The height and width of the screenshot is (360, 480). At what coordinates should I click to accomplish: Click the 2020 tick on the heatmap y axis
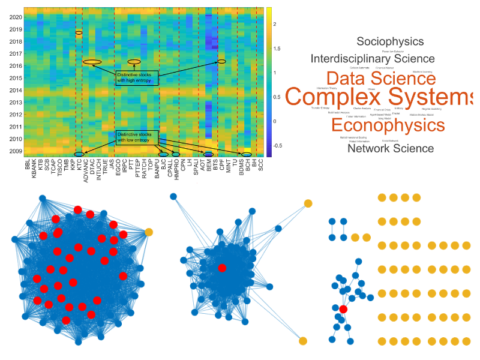coord(16,17)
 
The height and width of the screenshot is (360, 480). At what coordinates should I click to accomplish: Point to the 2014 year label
coord(16,91)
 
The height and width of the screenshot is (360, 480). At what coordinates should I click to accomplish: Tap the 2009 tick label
coord(16,152)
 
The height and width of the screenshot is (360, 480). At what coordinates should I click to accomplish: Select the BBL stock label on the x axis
coord(28,166)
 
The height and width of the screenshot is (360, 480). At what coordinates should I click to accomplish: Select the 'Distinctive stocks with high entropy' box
coord(137,77)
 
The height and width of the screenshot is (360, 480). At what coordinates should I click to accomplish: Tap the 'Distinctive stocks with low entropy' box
coord(137,137)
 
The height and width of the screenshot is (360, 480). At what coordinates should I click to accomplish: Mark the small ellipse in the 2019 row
coord(79,32)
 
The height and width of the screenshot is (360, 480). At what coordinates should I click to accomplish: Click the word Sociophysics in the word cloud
coord(390,41)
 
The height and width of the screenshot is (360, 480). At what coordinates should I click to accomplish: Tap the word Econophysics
coord(388,125)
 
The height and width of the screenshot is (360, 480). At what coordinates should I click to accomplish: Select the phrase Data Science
coord(381,78)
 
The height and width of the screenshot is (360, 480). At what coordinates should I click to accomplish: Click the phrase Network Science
coord(391,148)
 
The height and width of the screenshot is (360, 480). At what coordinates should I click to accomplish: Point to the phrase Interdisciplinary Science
coord(373,59)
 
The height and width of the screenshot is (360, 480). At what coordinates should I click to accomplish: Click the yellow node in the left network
coord(149,232)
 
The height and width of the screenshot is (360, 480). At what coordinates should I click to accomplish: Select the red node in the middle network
coord(222,268)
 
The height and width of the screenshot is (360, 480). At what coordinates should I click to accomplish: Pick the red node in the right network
coord(343,309)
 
